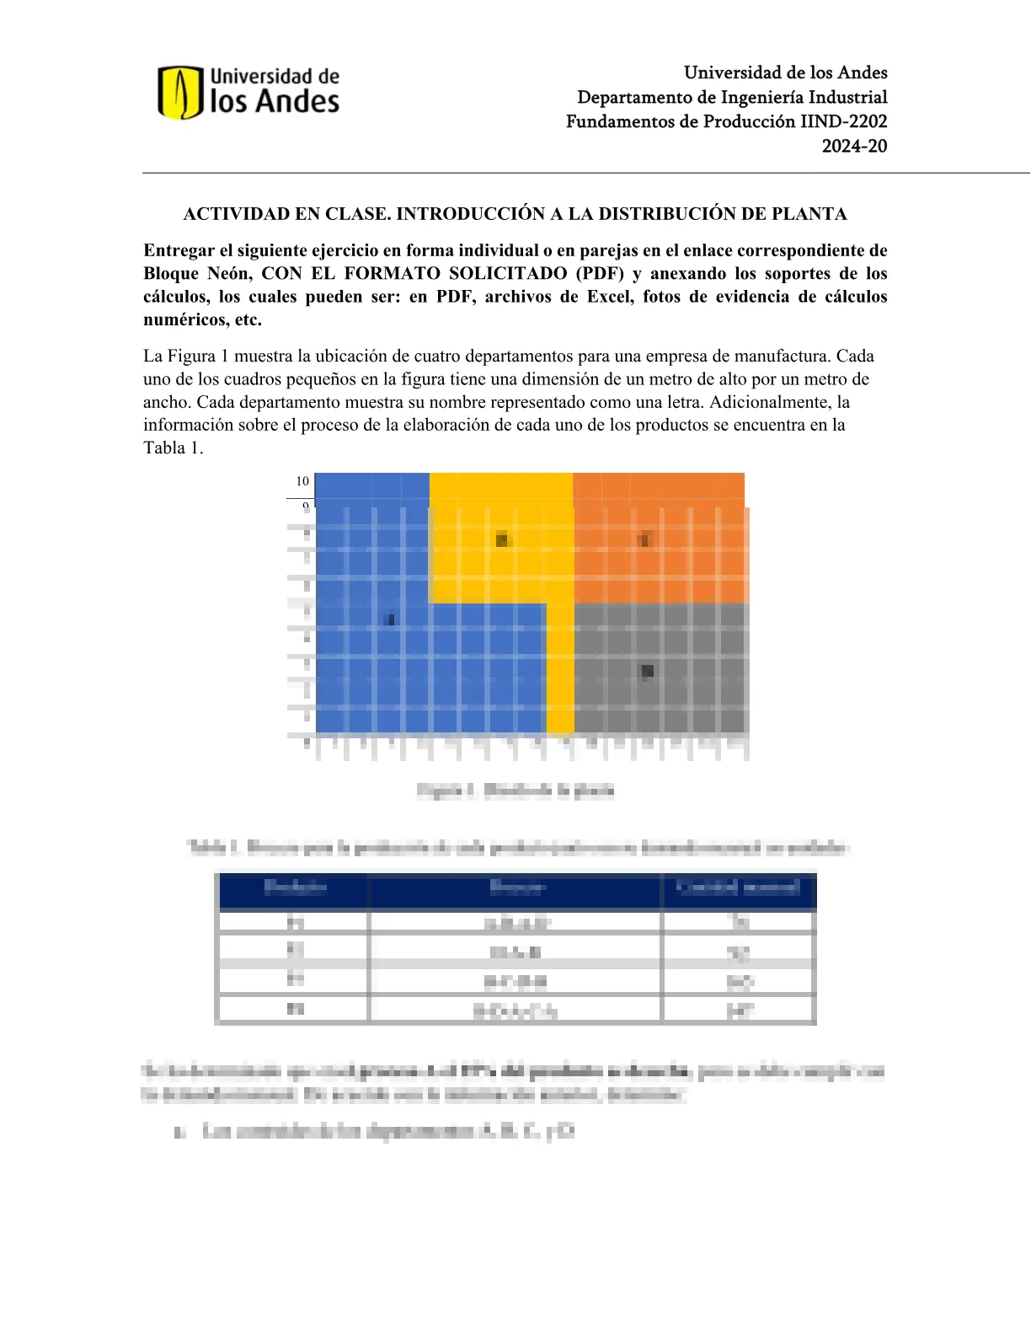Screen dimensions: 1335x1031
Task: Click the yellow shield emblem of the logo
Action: click(179, 93)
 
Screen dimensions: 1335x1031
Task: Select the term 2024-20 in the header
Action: click(854, 146)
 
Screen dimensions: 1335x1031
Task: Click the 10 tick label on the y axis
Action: click(302, 481)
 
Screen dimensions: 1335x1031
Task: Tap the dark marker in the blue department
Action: click(389, 619)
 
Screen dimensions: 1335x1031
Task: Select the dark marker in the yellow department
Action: click(502, 540)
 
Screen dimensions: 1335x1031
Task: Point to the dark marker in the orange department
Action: click(644, 539)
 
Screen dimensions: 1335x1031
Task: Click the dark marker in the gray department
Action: click(647, 671)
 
